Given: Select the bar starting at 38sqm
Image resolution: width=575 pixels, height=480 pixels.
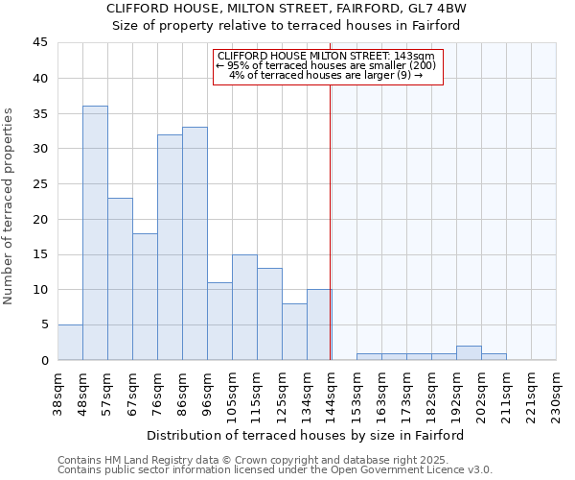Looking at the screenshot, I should coord(70,343).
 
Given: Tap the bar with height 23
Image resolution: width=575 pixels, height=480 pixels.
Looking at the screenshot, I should coord(120,278).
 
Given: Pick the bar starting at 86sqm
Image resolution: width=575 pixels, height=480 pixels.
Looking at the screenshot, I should coord(195,244).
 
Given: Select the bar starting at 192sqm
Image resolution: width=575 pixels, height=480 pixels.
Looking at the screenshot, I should coord(469,353).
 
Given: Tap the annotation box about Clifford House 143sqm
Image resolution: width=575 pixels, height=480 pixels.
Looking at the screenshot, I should coord(326,66).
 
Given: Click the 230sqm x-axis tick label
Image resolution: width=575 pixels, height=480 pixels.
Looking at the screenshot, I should coord(556,390).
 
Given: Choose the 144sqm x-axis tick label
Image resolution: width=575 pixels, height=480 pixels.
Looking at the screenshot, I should coord(332,390).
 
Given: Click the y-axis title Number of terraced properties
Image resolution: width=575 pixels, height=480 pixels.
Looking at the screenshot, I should coord(10,206).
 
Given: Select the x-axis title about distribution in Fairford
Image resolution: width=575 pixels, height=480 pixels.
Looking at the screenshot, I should coord(306,435).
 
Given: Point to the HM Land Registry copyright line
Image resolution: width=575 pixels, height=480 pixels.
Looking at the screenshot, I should coord(245,460).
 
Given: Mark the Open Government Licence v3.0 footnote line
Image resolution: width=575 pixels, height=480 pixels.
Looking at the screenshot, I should coord(274,470).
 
